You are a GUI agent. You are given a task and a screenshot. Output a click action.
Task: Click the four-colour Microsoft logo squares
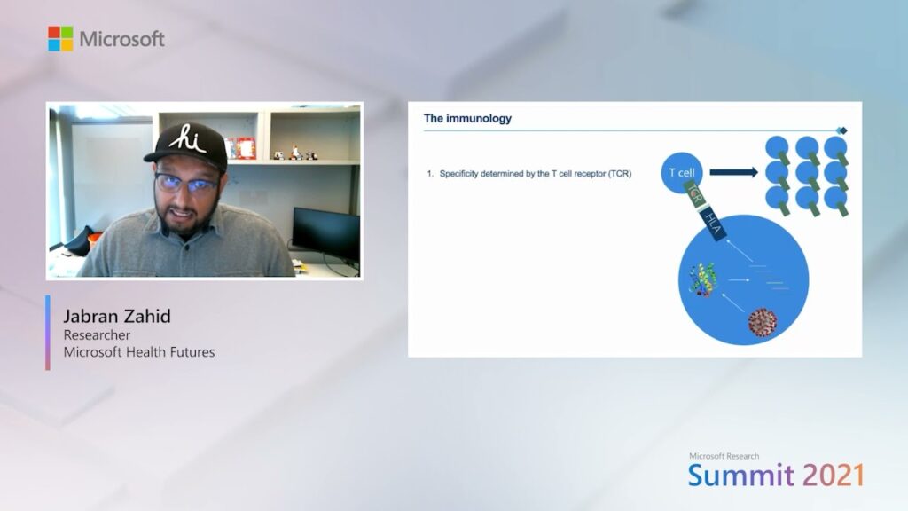[60, 39]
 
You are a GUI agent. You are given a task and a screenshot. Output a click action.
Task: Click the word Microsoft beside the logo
[121, 39]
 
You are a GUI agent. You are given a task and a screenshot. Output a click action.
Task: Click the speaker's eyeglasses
[186, 184]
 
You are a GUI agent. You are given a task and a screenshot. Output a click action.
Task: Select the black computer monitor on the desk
[326, 235]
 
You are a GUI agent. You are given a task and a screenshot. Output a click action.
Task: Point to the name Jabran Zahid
[117, 317]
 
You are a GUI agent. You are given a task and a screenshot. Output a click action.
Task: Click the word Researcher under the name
[97, 334]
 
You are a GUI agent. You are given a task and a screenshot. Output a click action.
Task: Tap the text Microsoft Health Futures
[139, 352]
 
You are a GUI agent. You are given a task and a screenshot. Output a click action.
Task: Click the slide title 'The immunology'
[467, 118]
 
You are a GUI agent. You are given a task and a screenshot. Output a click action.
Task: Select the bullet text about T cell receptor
[535, 173]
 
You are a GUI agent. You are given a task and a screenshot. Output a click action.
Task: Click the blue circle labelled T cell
[682, 172]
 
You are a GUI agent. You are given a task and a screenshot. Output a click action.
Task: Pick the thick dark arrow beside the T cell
[733, 172]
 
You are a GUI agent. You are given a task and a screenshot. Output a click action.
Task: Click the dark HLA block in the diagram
[712, 224]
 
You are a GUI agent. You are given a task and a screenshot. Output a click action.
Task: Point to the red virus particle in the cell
[762, 323]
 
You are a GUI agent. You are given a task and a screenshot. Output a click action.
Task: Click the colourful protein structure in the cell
[702, 279]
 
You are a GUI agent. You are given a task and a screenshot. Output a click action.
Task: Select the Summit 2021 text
[776, 476]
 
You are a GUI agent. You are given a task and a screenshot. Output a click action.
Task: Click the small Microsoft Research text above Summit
[724, 456]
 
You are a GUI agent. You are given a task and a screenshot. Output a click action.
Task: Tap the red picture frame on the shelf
[246, 148]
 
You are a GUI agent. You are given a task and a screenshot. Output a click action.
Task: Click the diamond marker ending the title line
[842, 130]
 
